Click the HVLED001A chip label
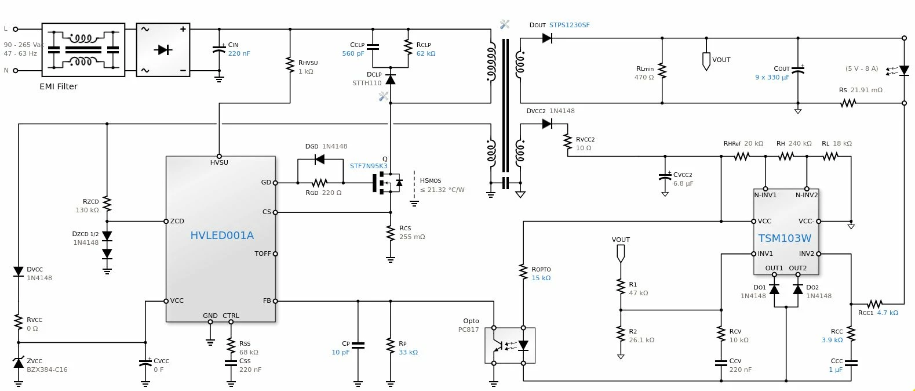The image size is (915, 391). point(222,235)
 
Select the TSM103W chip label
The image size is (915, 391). point(784,238)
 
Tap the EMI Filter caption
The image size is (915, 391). point(59,86)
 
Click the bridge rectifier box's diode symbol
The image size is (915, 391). point(163,50)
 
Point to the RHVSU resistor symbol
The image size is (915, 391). point(290,65)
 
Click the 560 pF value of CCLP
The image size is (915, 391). point(353,53)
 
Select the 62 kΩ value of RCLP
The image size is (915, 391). point(426,53)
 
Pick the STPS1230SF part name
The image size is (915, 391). point(570,25)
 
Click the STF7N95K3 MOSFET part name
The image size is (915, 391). point(369,166)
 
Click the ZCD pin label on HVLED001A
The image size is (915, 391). point(177,221)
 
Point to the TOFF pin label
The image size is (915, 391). point(263,254)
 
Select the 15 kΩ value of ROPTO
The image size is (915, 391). point(541,278)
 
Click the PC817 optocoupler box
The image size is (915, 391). point(510,346)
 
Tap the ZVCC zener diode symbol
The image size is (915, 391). point(19,362)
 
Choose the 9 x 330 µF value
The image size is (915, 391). point(772,77)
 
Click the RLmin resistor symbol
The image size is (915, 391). point(662,71)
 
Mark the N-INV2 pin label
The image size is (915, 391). point(807,195)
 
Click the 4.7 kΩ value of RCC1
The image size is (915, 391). point(888,313)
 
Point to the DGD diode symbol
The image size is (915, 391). point(320,159)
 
